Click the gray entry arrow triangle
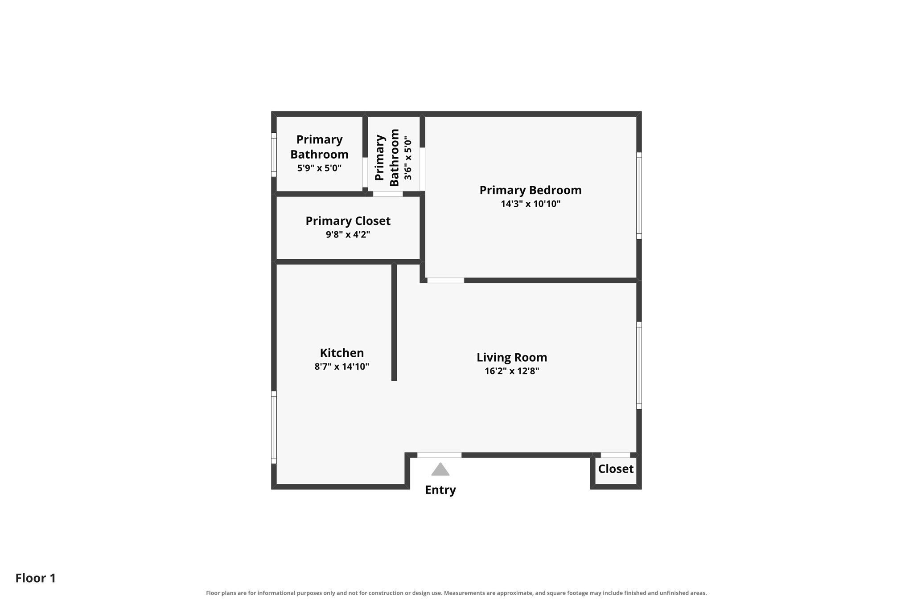[x=440, y=469]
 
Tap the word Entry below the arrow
[x=440, y=490]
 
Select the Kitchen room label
[x=342, y=353]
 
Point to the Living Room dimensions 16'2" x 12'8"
[x=512, y=371]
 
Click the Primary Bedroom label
[x=531, y=190]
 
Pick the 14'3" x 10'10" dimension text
[x=531, y=204]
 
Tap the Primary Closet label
[x=348, y=221]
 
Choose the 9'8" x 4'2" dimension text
[x=348, y=234]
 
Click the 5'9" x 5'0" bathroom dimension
[x=319, y=168]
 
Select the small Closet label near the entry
[x=616, y=469]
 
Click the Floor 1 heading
[x=36, y=578]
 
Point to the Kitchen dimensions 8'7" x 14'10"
[x=342, y=367]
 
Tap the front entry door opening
[x=439, y=455]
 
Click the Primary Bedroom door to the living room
[x=446, y=280]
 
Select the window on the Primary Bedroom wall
[x=639, y=196]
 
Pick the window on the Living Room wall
[x=639, y=365]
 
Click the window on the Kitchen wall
[x=274, y=428]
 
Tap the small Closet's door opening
[x=615, y=455]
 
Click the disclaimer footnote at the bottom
[x=456, y=593]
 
